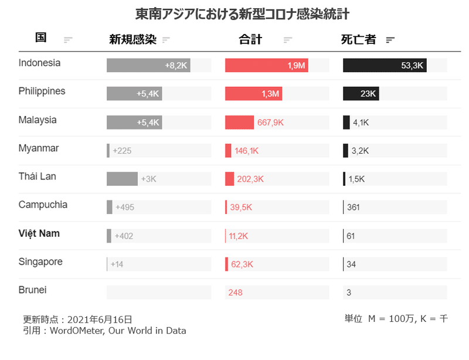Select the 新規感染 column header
pos(132,40)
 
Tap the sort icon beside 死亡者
pos(390,40)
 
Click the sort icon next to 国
pos(68,40)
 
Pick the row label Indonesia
pos(39,63)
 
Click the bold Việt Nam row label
pos(39,233)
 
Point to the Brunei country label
pos(32,290)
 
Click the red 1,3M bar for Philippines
pos(254,94)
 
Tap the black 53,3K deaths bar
pos(385,66)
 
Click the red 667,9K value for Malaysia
pos(270,123)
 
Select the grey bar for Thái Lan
pos(122,179)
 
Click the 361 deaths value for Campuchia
pos(354,208)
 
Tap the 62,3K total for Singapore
pos(242,264)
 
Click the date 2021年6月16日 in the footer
pos(100,320)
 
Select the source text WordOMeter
pos(76,331)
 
